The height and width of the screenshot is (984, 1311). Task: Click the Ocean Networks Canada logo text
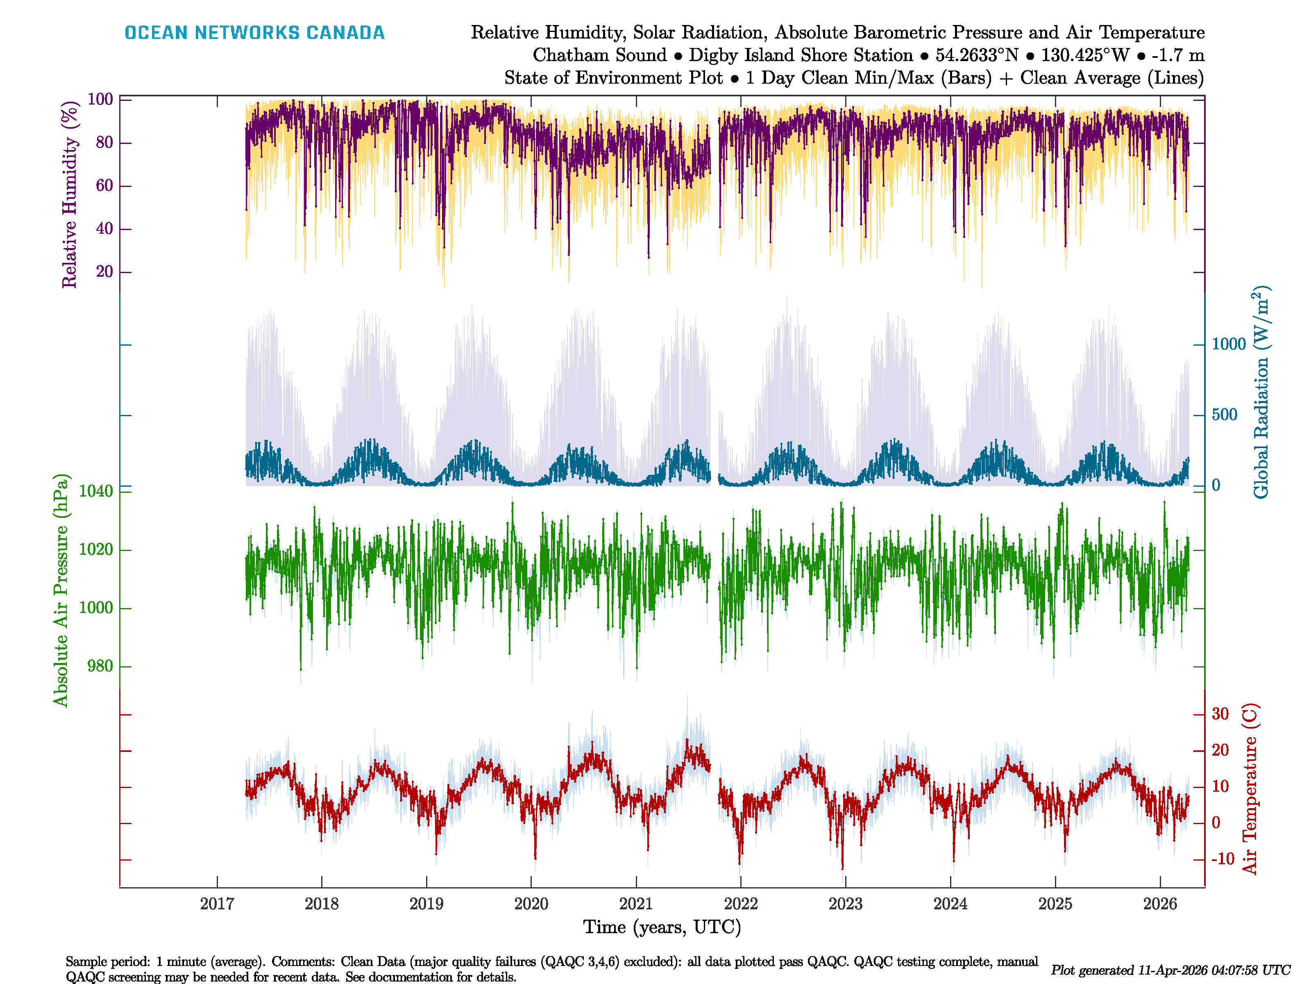click(254, 33)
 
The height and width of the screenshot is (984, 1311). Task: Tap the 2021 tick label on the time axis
click(635, 904)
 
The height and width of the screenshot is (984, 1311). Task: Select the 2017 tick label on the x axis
click(217, 904)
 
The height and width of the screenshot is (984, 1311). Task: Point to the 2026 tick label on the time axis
click(1159, 904)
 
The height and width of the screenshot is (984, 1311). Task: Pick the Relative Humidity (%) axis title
click(70, 195)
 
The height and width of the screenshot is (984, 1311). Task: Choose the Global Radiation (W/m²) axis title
click(1261, 393)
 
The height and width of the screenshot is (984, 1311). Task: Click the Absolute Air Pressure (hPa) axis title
click(61, 590)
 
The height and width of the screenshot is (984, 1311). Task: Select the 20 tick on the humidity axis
click(104, 272)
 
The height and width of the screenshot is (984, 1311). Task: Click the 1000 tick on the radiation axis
click(1229, 344)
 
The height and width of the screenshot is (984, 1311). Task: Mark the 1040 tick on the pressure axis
click(95, 491)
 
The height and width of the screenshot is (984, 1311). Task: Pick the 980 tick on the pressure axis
click(100, 666)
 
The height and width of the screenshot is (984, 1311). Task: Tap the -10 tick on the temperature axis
click(1223, 859)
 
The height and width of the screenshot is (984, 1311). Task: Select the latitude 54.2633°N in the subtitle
click(977, 55)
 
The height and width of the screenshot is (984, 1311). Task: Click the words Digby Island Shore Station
click(801, 55)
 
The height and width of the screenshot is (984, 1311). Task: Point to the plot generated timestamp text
click(1170, 970)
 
